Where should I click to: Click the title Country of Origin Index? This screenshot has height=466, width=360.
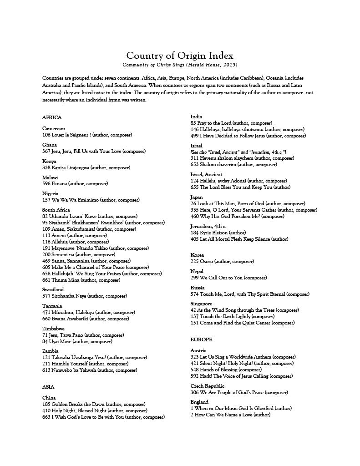click(180, 56)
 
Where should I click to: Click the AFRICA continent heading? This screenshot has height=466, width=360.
click(51, 117)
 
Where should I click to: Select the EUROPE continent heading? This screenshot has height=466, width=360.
click(201, 339)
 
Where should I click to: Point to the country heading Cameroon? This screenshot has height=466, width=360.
click(54, 128)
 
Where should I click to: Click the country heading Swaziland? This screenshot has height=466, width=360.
click(53, 289)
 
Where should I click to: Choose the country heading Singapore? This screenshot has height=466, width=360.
click(201, 304)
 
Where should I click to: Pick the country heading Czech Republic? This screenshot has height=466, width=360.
click(207, 386)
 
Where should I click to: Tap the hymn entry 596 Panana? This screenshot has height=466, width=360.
click(75, 183)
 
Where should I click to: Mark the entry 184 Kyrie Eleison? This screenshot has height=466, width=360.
click(218, 233)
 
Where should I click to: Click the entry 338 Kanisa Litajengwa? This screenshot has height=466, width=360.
click(84, 167)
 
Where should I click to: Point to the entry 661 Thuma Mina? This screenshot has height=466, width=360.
click(81, 280)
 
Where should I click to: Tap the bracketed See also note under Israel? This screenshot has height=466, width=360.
click(238, 152)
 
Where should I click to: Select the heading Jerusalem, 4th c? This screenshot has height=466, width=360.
click(208, 226)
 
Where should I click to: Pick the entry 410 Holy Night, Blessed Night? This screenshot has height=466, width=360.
click(95, 410)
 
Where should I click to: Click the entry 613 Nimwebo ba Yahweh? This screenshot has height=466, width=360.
click(90, 370)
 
